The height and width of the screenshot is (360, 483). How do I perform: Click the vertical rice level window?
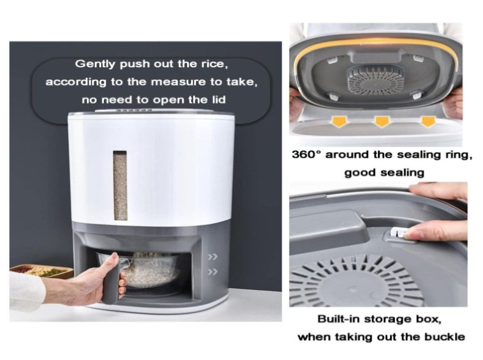(120, 186)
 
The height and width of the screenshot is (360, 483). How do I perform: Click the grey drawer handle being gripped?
(111, 278)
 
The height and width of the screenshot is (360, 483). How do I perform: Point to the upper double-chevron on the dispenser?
(213, 257)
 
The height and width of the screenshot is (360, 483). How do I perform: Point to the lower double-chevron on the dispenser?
(213, 272)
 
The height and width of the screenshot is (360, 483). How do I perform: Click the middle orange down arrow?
(382, 121)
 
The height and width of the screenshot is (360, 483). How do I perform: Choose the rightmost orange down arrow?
(428, 121)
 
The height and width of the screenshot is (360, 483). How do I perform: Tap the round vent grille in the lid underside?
(375, 80)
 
